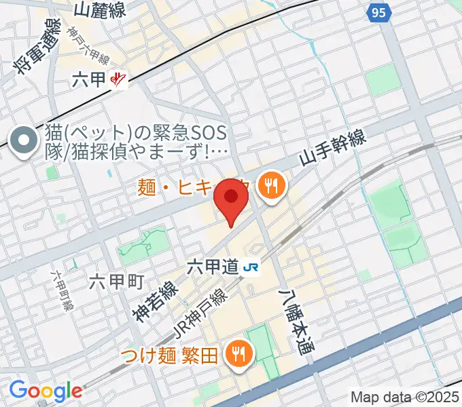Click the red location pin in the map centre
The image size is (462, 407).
(231, 199)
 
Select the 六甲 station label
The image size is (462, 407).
(88, 79)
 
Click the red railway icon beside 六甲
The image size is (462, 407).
(118, 80)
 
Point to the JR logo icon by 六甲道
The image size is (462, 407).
(251, 267)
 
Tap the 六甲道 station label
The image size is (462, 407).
(212, 267)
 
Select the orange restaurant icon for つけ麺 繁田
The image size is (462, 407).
(238, 353)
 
